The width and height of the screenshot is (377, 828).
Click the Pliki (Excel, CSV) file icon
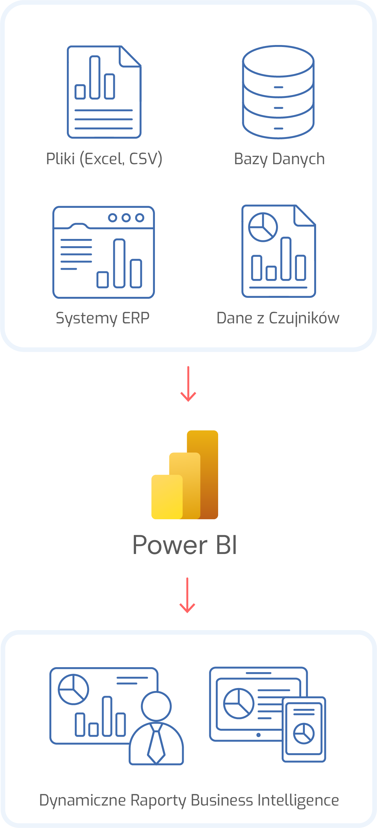tap(104, 92)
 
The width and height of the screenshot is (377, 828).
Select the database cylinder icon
tap(278, 92)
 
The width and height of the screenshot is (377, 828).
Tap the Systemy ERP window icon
tap(104, 252)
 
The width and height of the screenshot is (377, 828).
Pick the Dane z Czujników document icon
tap(278, 251)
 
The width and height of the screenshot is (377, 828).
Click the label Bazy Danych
tap(279, 159)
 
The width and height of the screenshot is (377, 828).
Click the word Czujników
tap(304, 318)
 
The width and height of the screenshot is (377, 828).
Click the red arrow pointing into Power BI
tap(188, 384)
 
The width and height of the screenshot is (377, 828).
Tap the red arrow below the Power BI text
tap(187, 595)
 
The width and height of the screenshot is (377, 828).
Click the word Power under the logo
tap(170, 545)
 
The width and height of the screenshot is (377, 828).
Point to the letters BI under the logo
tap(226, 545)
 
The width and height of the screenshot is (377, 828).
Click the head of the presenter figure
tap(156, 706)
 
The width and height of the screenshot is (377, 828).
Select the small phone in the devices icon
tap(304, 729)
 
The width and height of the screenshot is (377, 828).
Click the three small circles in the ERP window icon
tap(126, 217)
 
